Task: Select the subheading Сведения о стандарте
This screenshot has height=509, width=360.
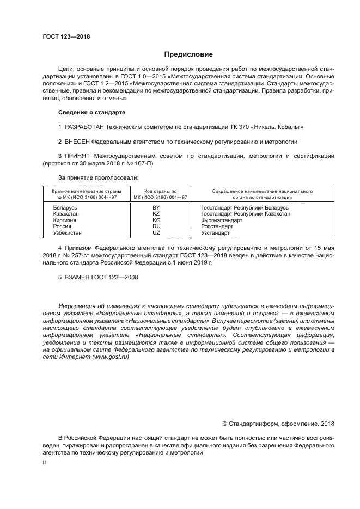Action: click(91, 112)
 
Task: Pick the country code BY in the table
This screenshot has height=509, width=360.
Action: click(156, 208)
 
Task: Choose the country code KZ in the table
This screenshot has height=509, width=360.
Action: click(156, 214)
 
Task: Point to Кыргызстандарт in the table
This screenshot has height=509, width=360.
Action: click(222, 220)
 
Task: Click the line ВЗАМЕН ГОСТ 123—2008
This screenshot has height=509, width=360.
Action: click(98, 277)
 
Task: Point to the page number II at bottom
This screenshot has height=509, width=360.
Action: click(45, 462)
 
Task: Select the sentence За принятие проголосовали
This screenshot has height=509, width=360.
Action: click(98, 177)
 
